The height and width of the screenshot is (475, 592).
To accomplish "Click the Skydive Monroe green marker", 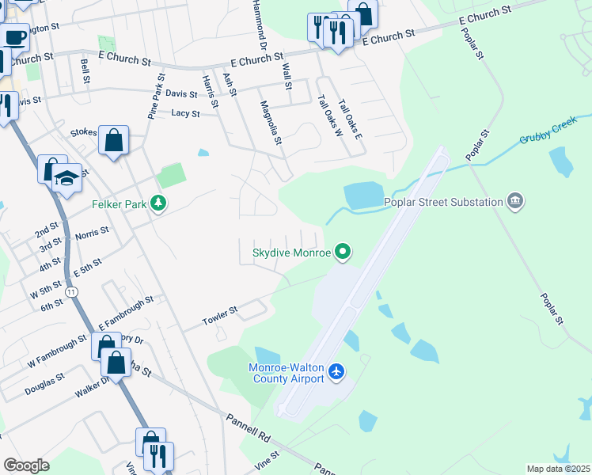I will pyautogui.click(x=343, y=253).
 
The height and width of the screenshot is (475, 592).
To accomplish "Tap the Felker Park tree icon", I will pyautogui.click(x=159, y=204).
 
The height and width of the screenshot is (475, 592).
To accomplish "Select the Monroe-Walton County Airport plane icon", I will pyautogui.click(x=337, y=371).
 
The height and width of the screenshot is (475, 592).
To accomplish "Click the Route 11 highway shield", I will pyautogui.click(x=72, y=292).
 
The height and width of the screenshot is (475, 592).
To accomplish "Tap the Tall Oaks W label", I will pyautogui.click(x=328, y=116).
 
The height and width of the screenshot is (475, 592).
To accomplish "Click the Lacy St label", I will pyautogui.click(x=185, y=113).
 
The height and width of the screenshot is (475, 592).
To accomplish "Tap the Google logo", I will pyautogui.click(x=26, y=465).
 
